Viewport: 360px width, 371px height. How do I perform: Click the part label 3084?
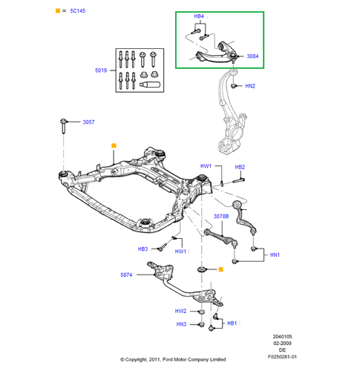252,56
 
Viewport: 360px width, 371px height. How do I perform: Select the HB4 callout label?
199,16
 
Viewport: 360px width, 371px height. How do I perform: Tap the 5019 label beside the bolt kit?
101,70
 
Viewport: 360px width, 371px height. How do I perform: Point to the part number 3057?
88,122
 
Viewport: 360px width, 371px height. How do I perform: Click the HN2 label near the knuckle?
250,86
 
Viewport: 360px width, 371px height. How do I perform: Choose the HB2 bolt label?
240,167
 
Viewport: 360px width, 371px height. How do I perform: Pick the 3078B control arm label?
221,217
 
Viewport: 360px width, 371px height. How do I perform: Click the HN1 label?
275,255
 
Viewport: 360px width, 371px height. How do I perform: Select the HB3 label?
143,249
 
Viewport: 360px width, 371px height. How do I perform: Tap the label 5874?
126,275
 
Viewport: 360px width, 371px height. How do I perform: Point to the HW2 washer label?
180,311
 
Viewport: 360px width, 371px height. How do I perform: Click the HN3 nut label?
181,324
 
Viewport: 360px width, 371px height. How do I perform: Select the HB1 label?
232,324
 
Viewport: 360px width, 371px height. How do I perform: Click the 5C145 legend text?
78,11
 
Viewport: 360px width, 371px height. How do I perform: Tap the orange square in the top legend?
58,10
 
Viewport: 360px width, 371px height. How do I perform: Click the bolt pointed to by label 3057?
63,126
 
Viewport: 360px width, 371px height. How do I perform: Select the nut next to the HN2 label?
233,86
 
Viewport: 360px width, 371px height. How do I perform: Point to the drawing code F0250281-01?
282,357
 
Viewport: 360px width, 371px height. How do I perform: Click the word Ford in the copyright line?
168,359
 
